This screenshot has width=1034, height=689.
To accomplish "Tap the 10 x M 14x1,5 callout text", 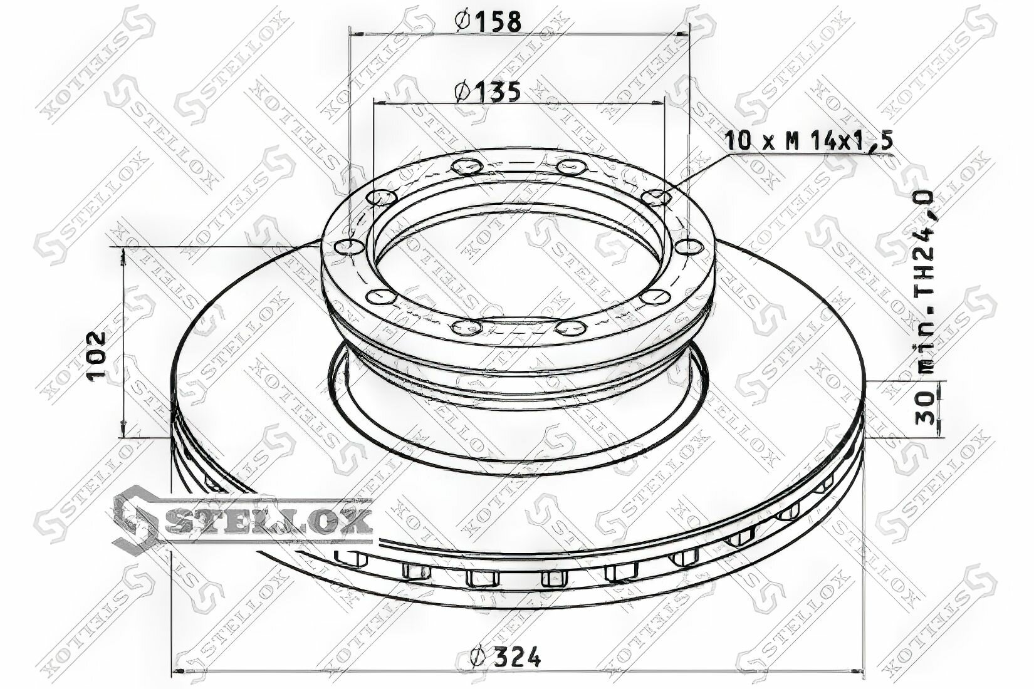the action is (x=808, y=140).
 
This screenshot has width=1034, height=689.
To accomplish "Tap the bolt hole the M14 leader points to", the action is (x=656, y=198).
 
